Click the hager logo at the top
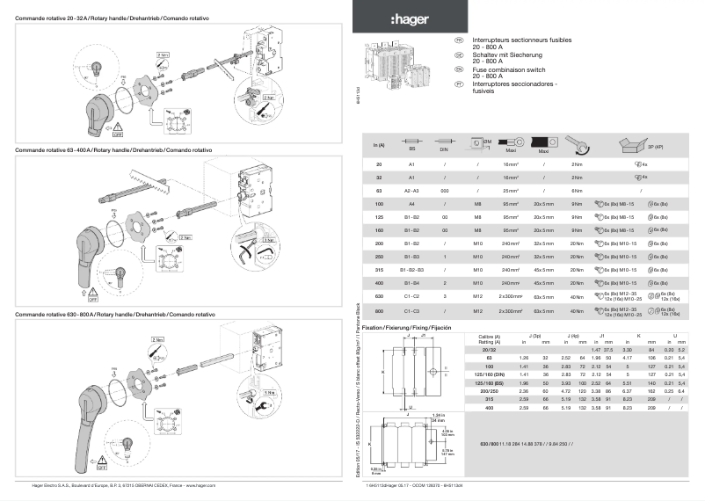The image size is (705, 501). click(405, 19)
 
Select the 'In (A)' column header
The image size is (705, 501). click(379, 145)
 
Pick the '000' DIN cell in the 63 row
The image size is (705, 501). click(446, 190)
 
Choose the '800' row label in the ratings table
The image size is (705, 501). click(379, 310)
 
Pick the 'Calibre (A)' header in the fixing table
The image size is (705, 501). click(489, 337)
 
